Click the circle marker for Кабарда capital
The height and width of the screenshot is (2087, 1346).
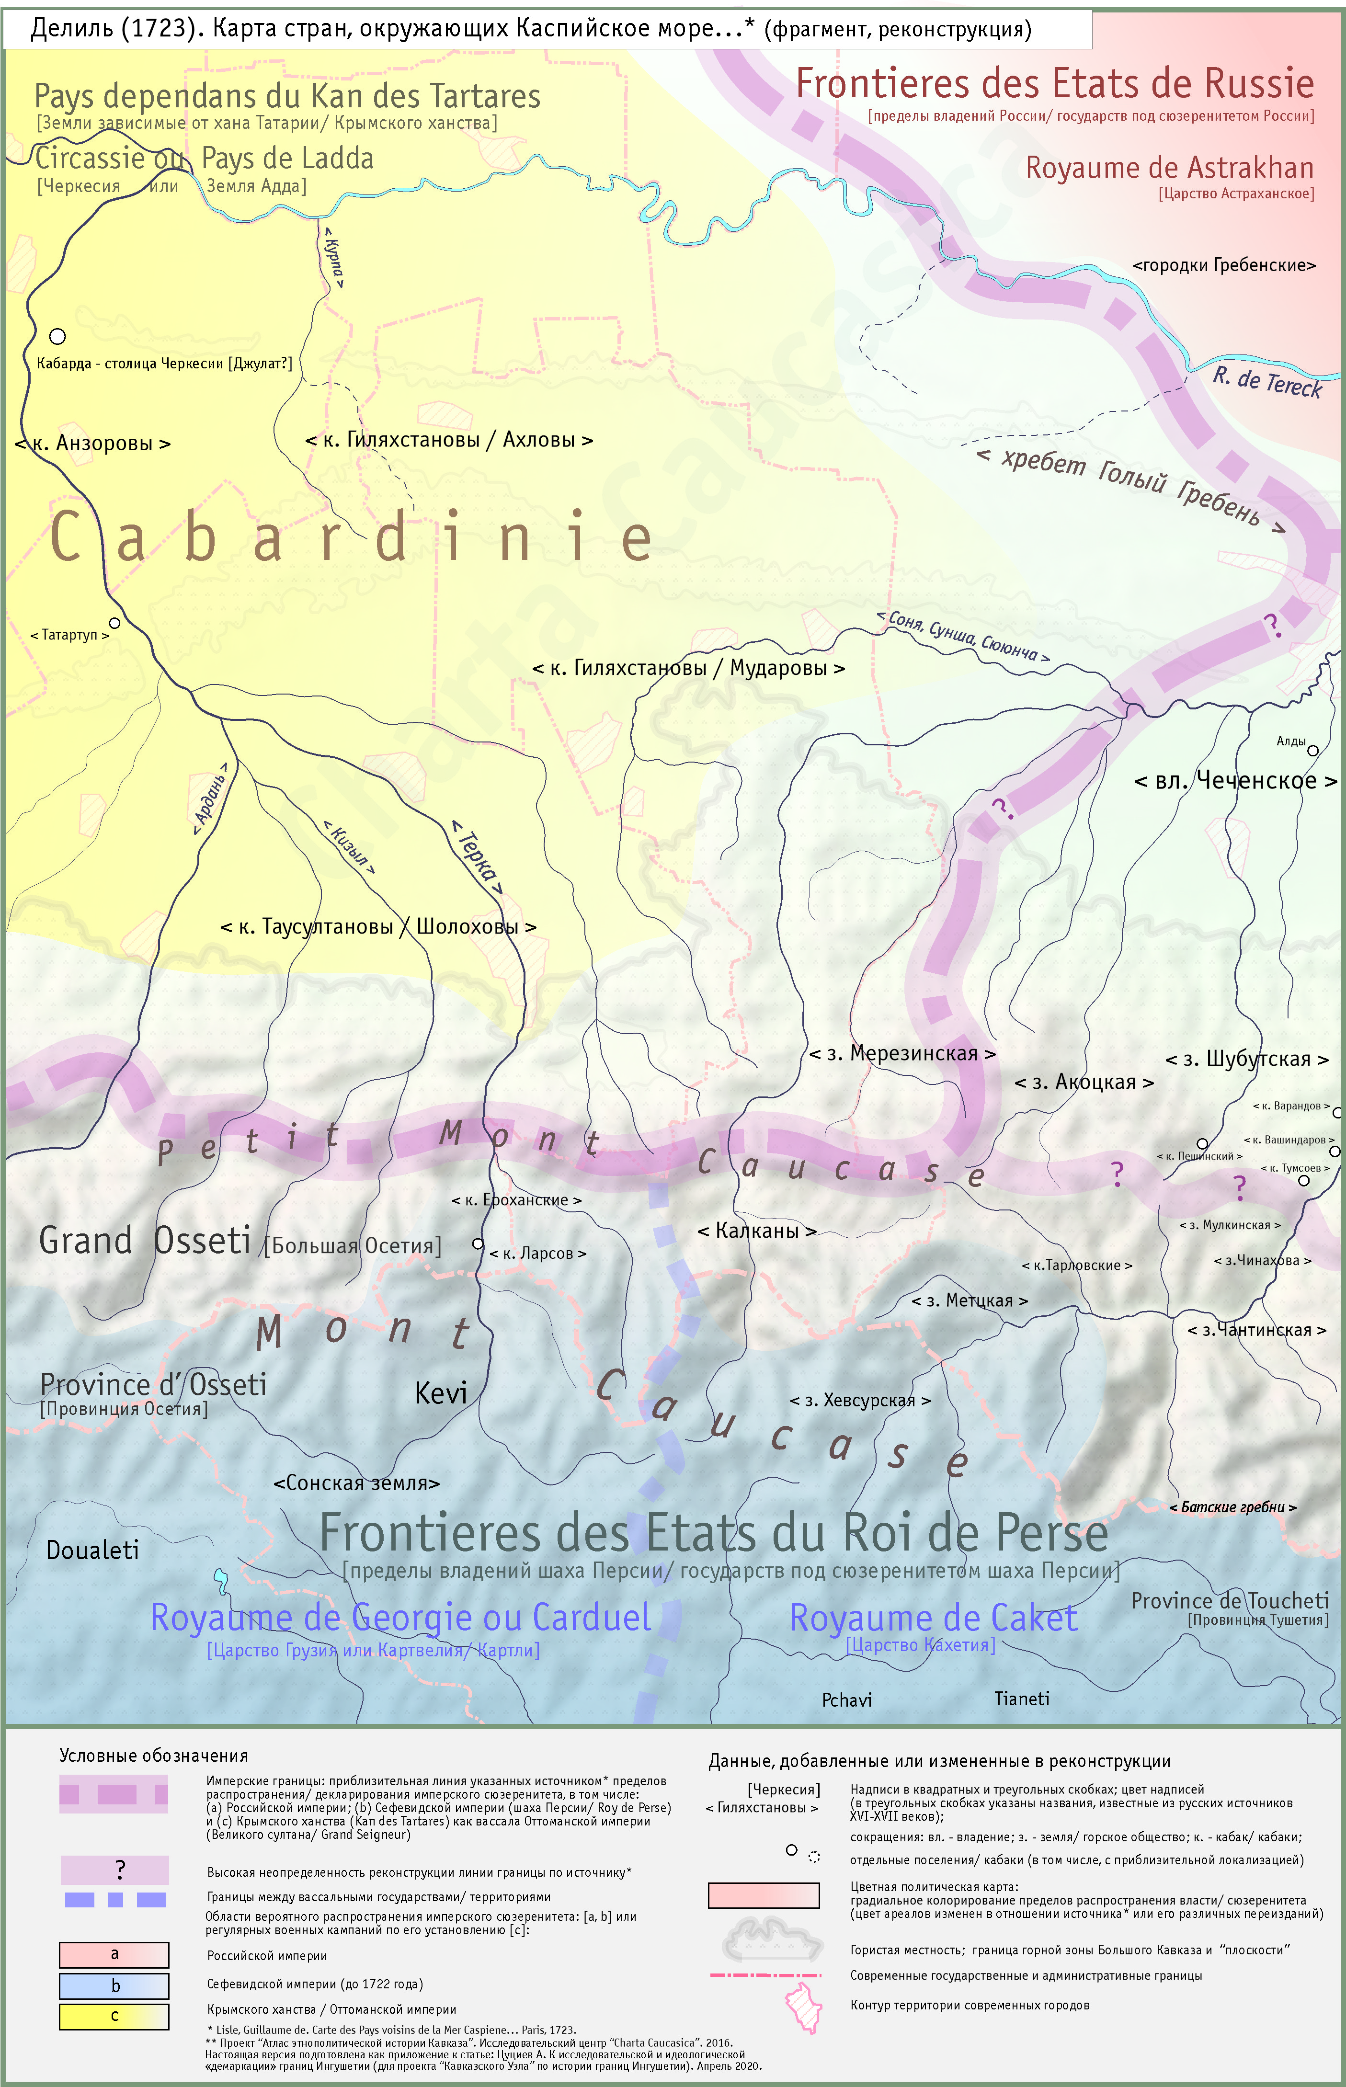pyautogui.click(x=57, y=336)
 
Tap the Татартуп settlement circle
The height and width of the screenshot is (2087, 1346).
pyautogui.click(x=114, y=623)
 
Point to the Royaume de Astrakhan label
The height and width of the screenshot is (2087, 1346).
pyautogui.click(x=1169, y=168)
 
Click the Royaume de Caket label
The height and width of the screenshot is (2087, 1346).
pyautogui.click(x=934, y=1618)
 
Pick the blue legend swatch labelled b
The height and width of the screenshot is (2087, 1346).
pyautogui.click(x=114, y=1985)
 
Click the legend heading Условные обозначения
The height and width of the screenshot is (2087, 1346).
pyautogui.click(x=154, y=1756)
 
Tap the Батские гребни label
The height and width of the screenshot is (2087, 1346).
pyautogui.click(x=1232, y=1507)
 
